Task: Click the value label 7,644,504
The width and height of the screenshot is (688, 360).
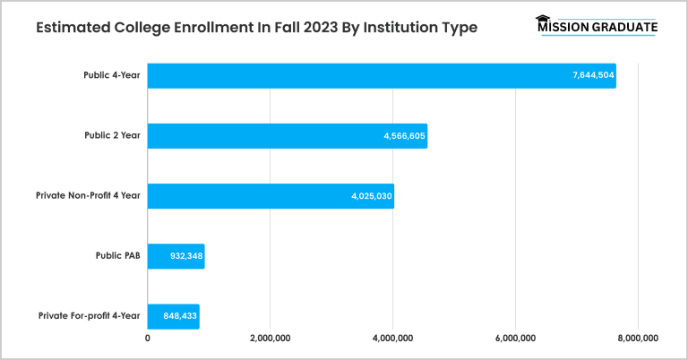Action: tap(593, 75)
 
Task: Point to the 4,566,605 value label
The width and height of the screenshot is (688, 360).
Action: tap(405, 136)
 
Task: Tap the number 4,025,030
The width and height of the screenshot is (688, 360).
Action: tap(372, 195)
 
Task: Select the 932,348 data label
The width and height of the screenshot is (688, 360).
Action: tap(186, 256)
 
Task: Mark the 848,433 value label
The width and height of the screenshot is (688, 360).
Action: tap(181, 316)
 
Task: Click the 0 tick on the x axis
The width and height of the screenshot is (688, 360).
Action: tap(148, 339)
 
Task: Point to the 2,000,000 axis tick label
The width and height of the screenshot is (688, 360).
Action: tap(271, 339)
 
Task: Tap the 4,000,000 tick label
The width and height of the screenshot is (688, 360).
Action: tap(392, 339)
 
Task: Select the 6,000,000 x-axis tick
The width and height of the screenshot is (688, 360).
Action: tap(515, 339)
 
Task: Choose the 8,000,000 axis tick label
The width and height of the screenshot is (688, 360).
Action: tap(637, 339)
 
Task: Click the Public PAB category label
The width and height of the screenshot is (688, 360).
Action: tap(117, 256)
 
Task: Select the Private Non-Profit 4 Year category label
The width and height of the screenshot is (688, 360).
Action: tap(88, 195)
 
